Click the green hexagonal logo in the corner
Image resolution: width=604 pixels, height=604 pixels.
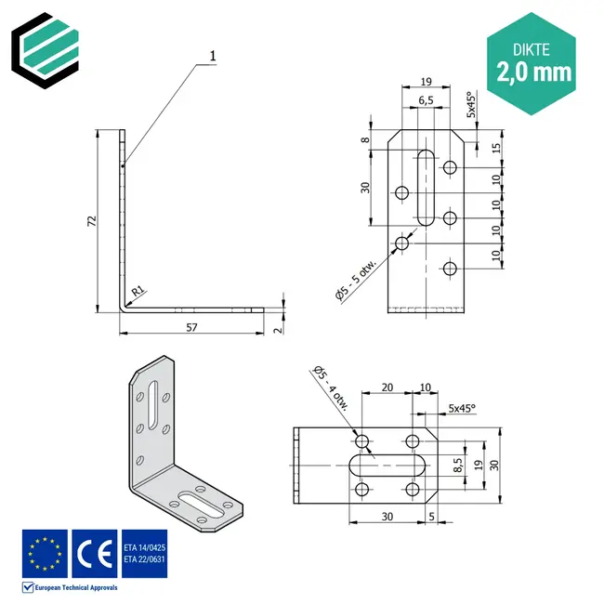(45, 46)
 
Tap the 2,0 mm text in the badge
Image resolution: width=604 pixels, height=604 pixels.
(533, 71)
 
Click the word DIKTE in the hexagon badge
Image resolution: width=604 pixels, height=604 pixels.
(533, 45)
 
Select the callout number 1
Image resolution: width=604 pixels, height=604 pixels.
(213, 56)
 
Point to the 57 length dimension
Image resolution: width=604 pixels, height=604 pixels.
(191, 327)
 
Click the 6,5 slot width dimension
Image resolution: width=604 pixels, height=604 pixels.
(424, 100)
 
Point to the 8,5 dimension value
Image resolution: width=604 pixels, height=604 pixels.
(456, 464)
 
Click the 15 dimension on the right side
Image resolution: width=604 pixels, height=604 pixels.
(498, 149)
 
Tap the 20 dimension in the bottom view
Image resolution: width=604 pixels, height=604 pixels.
(387, 386)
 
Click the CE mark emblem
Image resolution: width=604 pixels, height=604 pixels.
(94, 553)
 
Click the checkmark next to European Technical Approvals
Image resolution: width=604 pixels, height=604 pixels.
(29, 587)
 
